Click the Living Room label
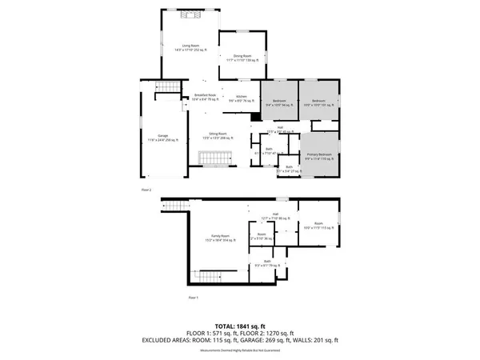click(x=191, y=48)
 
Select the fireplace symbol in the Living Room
click(x=191, y=14)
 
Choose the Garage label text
click(x=163, y=137)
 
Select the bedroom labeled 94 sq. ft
click(x=278, y=103)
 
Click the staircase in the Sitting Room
click(x=214, y=160)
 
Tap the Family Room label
click(x=219, y=238)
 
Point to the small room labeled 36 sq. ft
click(x=262, y=237)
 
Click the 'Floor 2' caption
click(x=146, y=190)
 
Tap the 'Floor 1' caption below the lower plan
click(x=193, y=297)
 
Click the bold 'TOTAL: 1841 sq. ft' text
click(x=240, y=326)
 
